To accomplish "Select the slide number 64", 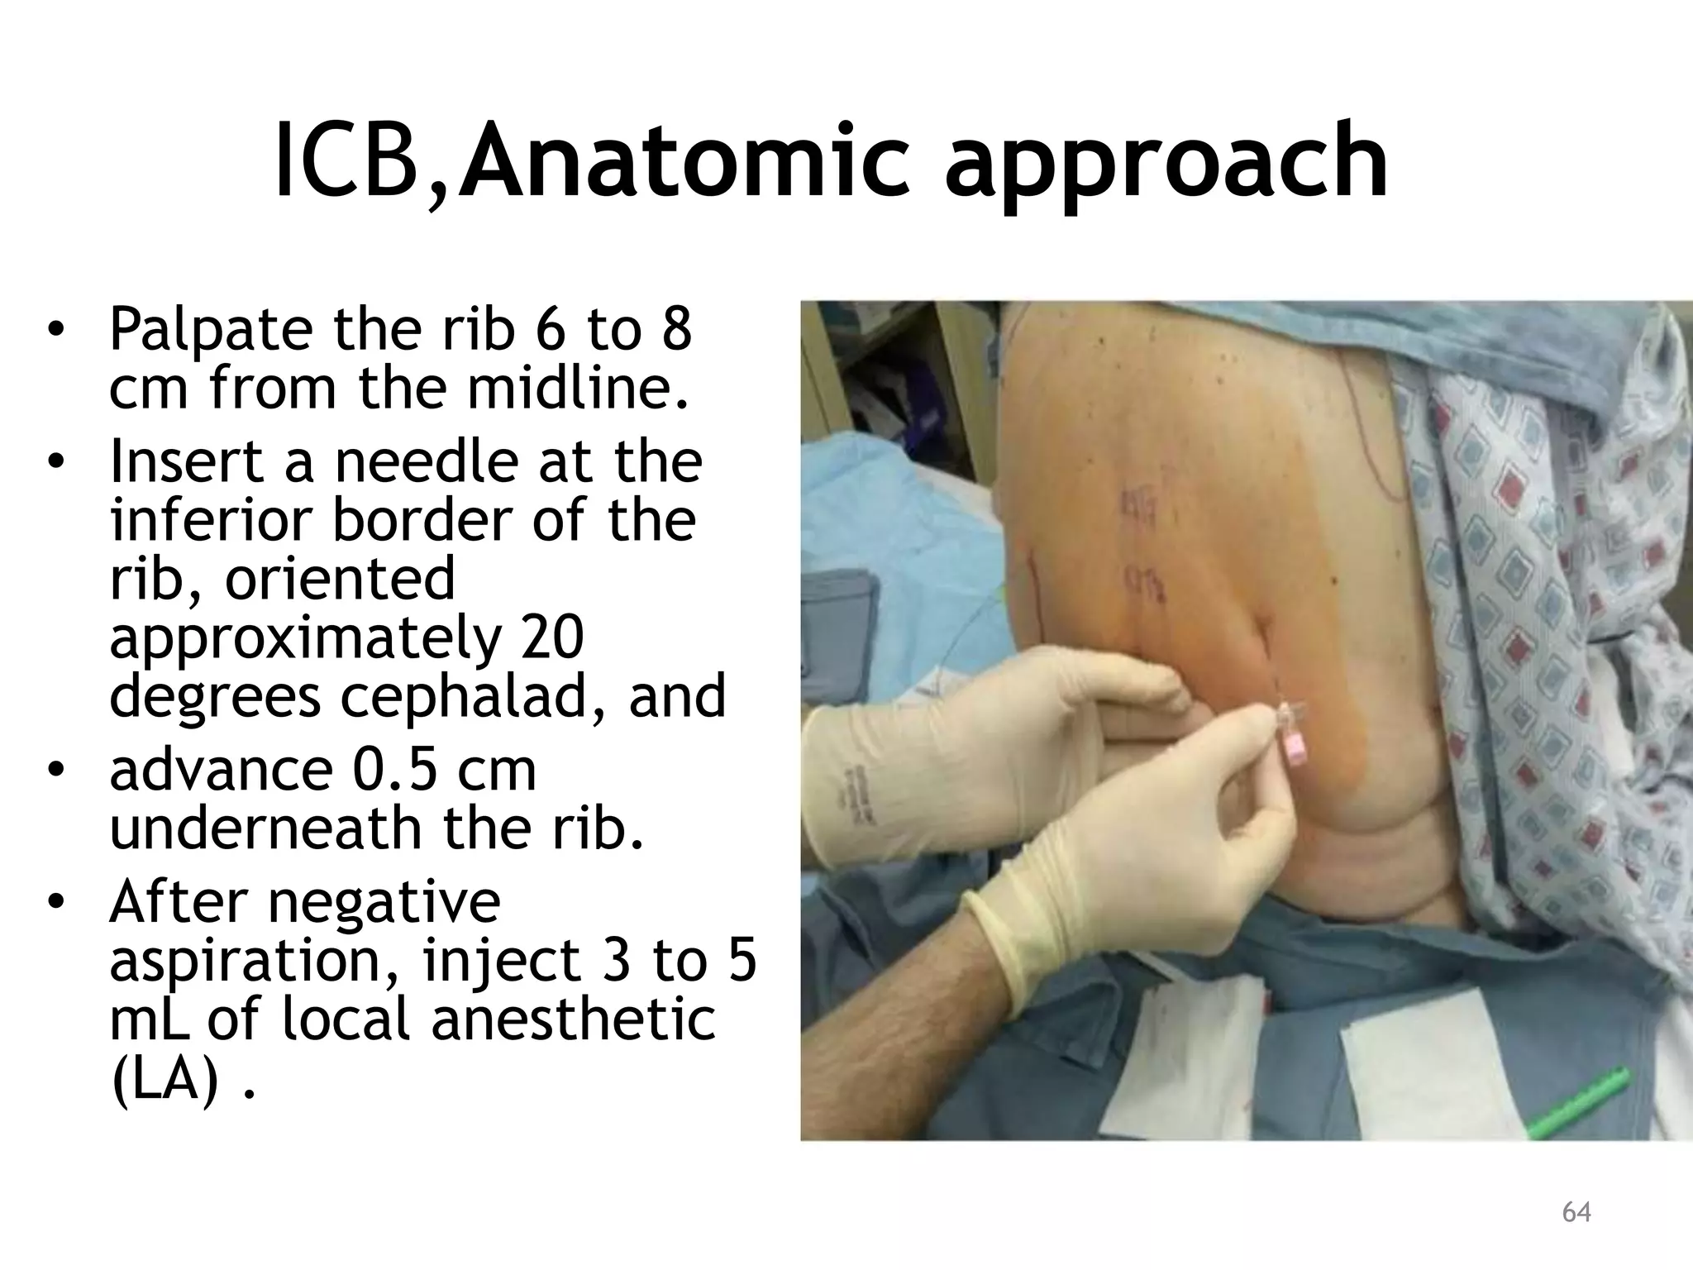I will click(1576, 1212).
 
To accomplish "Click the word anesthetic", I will click(572, 1019).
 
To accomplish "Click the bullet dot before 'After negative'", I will click(55, 902).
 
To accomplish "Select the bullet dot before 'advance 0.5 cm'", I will click(55, 771).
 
